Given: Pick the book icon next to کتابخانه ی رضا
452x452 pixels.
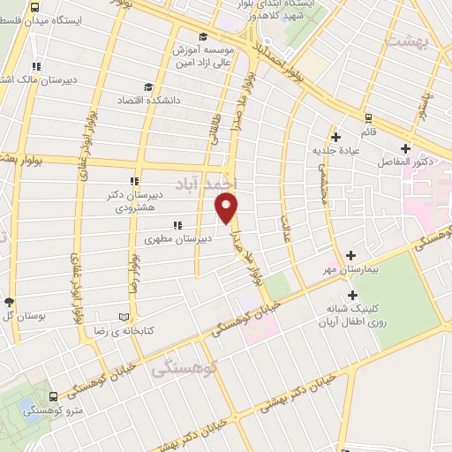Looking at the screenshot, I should pyautogui.click(x=124, y=316).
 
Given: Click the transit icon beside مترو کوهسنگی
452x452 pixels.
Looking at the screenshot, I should pyautogui.click(x=54, y=398).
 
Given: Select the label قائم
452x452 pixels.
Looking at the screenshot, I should pyautogui.click(x=366, y=132).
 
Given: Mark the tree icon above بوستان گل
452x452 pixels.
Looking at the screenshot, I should pyautogui.click(x=9, y=302).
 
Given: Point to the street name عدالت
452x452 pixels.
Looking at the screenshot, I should pyautogui.click(x=285, y=227).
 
